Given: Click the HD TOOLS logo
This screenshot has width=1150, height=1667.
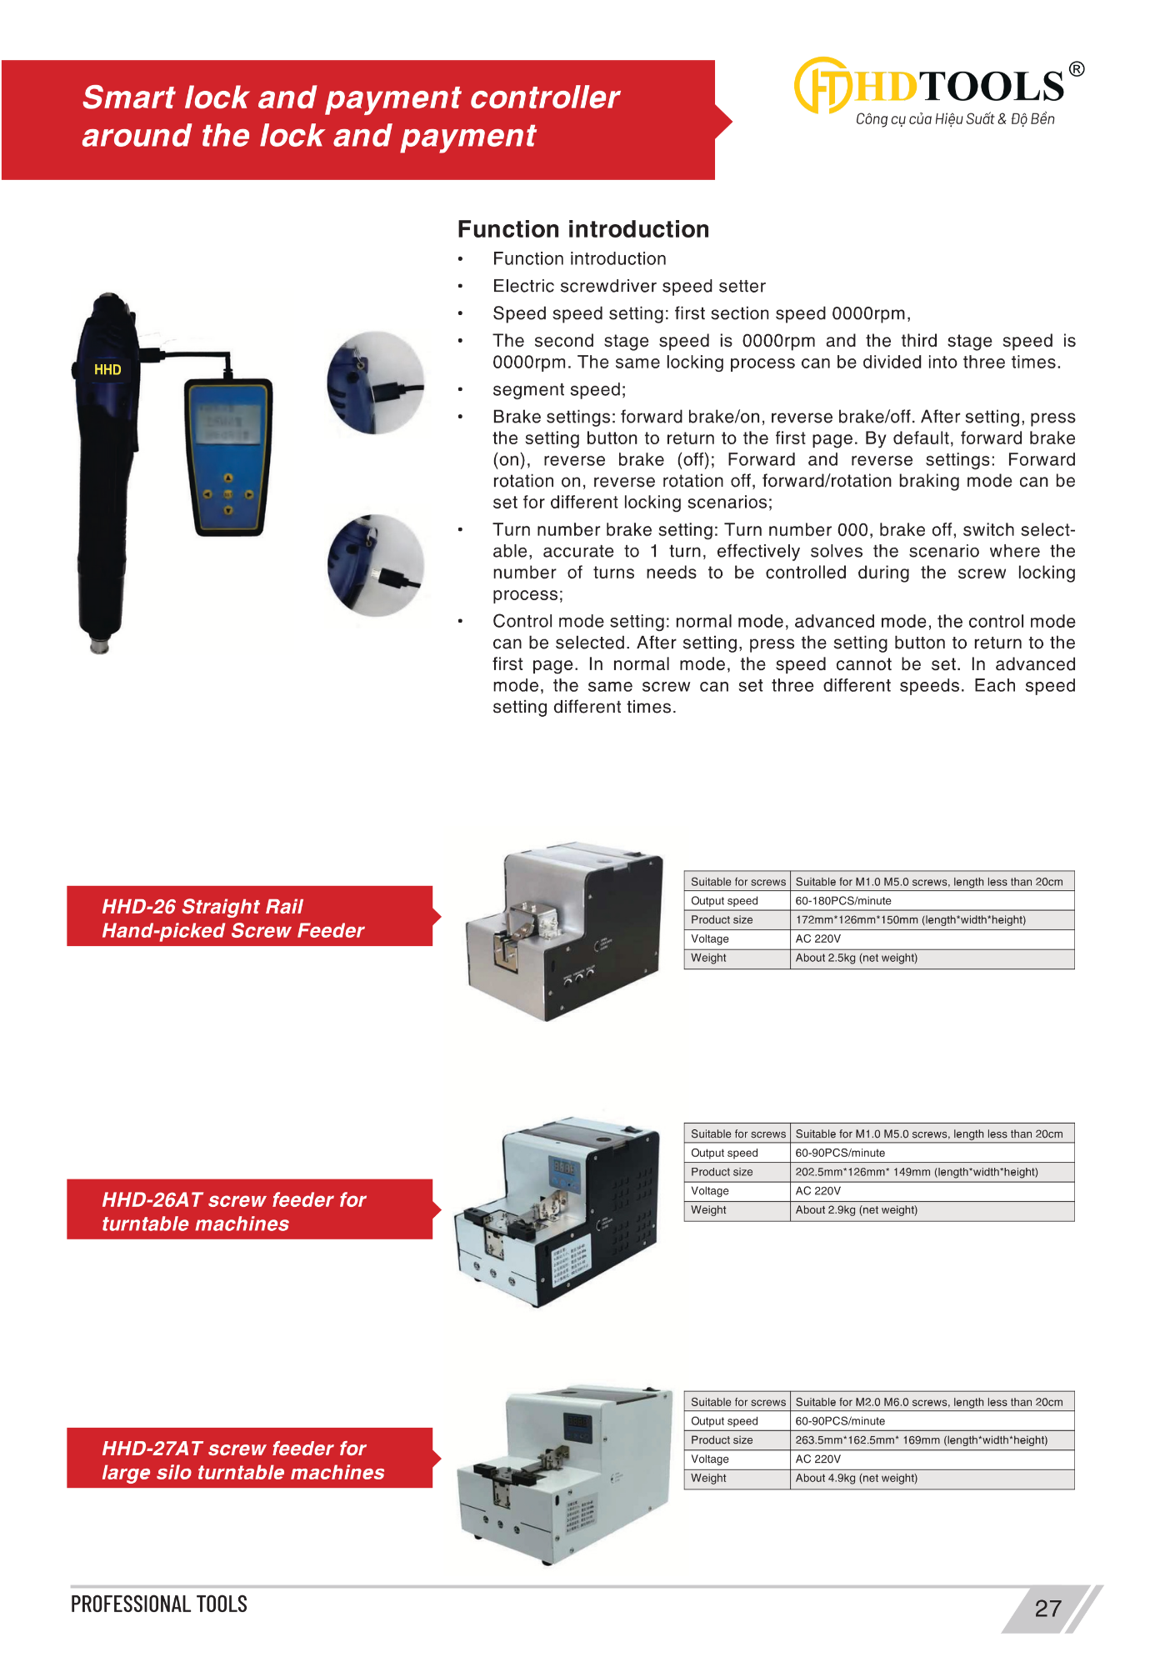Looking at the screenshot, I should pos(937,87).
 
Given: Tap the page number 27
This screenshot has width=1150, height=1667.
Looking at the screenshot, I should pos(1047,1609).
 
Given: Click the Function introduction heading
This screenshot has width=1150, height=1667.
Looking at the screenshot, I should pos(583,229).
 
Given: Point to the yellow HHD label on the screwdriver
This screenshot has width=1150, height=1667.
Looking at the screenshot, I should pos(107,369).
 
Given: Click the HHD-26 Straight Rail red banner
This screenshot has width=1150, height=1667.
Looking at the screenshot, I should pos(249,917).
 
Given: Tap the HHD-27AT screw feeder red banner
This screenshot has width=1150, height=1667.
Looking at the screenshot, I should pos(249,1459).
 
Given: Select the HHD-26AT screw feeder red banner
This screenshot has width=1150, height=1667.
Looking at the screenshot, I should pos(249,1210).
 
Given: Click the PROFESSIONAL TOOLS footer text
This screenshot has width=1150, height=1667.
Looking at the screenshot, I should pos(159,1604).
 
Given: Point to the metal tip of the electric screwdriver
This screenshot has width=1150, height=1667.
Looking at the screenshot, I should pos(100,645).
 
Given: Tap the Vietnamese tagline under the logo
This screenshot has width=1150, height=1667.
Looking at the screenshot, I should pos(955,119).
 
